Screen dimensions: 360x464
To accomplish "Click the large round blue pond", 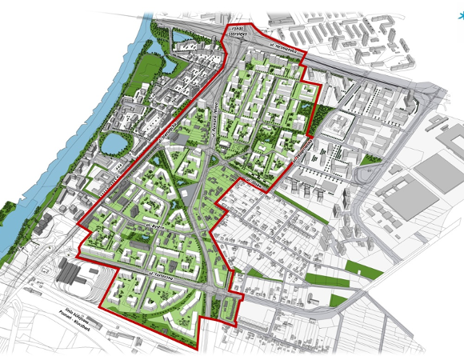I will point(116,143).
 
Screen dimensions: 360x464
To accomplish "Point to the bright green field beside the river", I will point(137,72).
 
